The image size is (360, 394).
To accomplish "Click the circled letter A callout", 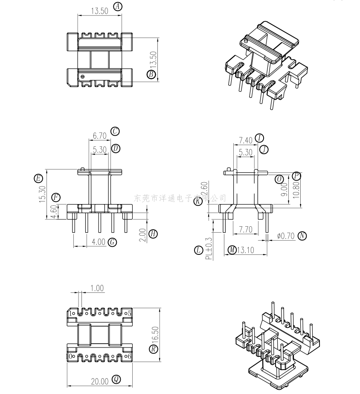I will point(118,6).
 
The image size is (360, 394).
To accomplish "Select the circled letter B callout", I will point(151,75).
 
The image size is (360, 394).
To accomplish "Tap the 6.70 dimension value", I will point(99,136).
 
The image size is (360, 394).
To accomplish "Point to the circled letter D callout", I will point(116,149).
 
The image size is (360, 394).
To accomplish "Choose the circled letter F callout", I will point(56,197).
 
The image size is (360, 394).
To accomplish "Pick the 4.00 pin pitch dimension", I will point(99,242).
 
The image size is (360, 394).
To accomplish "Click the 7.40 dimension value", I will point(245,140).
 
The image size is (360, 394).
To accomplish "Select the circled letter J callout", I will point(264,149).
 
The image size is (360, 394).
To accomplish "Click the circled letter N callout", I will point(302,236).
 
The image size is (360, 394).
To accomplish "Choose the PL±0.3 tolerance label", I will point(209,249).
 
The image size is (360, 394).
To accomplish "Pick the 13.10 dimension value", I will point(247,250).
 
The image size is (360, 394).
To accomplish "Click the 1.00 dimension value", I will point(97,288).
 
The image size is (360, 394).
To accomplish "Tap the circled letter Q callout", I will point(116,379).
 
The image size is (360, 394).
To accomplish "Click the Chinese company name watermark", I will point(180,198).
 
